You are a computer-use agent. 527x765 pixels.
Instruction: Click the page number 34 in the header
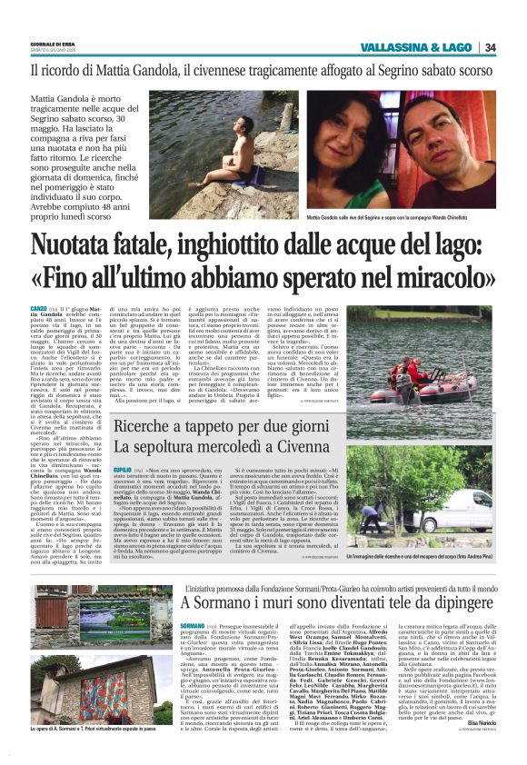click(x=490, y=47)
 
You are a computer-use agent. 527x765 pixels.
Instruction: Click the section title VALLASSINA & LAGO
click(x=416, y=47)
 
